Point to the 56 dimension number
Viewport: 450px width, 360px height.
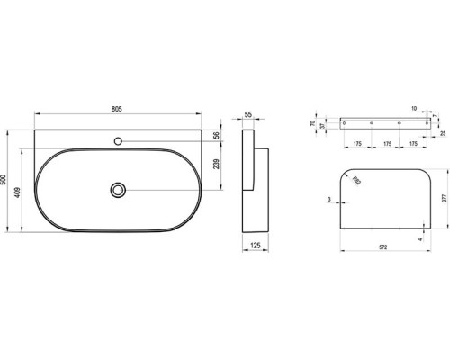pos(217,136)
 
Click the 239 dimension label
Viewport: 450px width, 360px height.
pos(217,164)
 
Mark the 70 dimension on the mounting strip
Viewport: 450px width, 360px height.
pos(311,122)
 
